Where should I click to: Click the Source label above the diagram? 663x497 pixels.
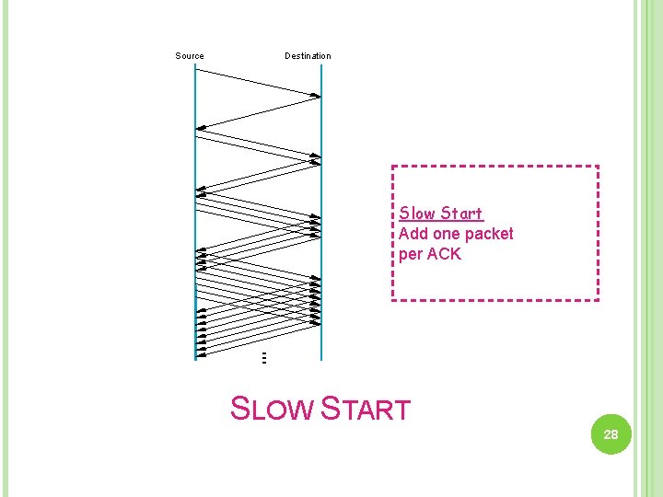190,56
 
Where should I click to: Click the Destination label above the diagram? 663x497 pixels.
308,56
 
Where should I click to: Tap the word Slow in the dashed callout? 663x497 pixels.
417,214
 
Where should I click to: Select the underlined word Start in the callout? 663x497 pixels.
461,214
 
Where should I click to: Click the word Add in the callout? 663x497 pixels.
413,234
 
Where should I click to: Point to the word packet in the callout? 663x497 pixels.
488,234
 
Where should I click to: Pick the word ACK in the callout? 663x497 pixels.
444,254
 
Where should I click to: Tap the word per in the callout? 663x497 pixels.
411,254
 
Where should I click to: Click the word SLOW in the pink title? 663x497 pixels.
271,408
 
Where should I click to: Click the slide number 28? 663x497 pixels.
611,434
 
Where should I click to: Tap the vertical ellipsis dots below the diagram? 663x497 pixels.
263,357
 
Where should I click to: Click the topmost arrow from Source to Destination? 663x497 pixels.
258,80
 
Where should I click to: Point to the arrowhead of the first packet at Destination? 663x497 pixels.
318,94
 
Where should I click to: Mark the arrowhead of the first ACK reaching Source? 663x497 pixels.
200,128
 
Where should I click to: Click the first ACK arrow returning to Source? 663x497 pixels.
258,111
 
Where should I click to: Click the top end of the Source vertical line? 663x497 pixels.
195,65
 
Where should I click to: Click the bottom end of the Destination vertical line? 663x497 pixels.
320,358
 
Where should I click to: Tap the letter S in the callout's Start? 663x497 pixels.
444,214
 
